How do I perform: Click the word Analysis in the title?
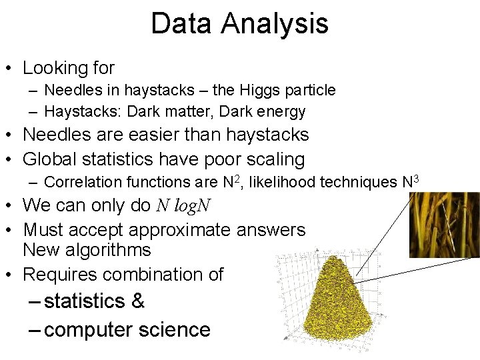coord(275,24)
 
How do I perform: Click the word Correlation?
coord(83,182)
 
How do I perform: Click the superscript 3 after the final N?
coord(416,178)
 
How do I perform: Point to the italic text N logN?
coord(183,205)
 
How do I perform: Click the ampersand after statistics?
coord(138,301)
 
